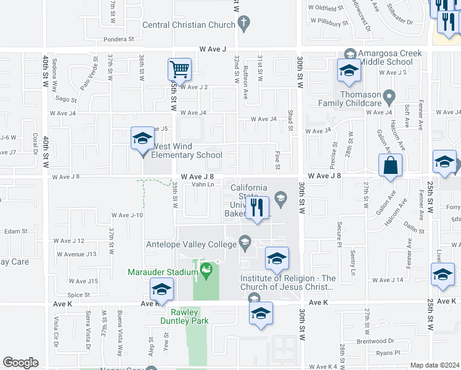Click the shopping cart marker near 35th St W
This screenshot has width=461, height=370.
click(179, 70)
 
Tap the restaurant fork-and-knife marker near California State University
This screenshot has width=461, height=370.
click(258, 207)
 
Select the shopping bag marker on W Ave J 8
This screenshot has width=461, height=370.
click(390, 166)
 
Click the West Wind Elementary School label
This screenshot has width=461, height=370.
click(187, 150)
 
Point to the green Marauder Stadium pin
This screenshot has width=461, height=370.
click(206, 269)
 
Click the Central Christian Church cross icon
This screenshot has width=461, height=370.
click(243, 25)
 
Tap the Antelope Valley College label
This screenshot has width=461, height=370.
click(192, 244)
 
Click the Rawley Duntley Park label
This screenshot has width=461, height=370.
click(184, 316)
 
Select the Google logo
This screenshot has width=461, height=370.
click(20, 363)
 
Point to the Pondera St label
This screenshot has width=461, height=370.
click(119, 39)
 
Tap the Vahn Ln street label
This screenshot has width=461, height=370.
click(203, 184)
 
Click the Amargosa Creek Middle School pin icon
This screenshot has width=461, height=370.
click(351, 54)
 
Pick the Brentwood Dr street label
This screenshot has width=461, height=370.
click(375, 340)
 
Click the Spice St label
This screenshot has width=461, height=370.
click(79, 295)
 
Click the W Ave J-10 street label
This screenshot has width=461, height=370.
click(127, 215)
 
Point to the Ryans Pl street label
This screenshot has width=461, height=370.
click(388, 353)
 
